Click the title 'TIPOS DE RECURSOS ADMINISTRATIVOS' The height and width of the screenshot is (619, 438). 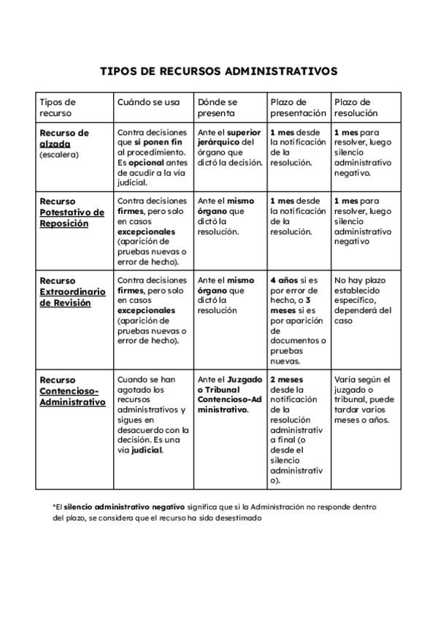[x=218, y=72]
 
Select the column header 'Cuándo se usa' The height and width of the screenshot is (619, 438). [x=148, y=102]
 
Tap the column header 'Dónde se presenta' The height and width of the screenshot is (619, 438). [x=218, y=108]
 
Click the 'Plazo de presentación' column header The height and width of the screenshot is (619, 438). [x=298, y=108]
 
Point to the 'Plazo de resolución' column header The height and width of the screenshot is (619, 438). [x=356, y=108]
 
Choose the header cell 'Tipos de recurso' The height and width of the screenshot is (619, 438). [x=58, y=108]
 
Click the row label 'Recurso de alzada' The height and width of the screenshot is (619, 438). [x=64, y=139]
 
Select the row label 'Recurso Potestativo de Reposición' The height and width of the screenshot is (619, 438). [x=72, y=212]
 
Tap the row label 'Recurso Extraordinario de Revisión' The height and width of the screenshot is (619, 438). [x=72, y=291]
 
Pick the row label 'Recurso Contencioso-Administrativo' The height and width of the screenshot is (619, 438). [x=72, y=391]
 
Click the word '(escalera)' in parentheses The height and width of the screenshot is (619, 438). [x=58, y=155]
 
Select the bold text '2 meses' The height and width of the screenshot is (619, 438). [x=287, y=380]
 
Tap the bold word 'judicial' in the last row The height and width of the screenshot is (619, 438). [x=147, y=450]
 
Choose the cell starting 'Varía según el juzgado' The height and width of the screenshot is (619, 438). [x=364, y=400]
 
